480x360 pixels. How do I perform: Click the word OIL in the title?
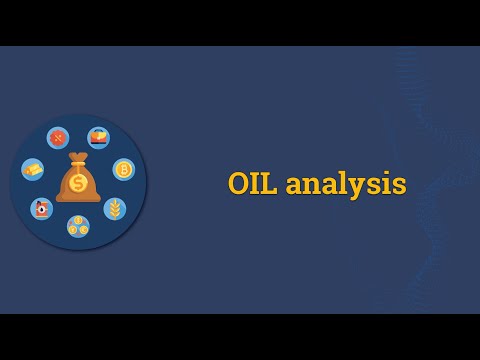coord(253,184)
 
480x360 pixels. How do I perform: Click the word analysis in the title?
coord(346,184)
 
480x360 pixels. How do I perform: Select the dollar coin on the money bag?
coord(78,183)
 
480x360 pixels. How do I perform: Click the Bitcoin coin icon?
coord(124,169)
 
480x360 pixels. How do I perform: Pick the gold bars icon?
coord(33,169)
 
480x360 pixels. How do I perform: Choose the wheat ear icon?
coord(115,208)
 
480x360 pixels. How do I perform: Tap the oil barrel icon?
coord(41,208)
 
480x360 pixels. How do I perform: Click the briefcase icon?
coord(98,137)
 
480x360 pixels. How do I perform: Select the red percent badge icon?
coord(58,137)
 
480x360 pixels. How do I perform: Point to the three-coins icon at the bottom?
coord(78,226)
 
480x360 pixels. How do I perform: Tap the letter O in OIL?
coord(239,184)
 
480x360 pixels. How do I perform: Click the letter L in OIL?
coord(270,184)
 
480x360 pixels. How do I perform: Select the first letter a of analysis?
coord(294,186)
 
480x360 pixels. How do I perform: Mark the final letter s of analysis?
coord(399,186)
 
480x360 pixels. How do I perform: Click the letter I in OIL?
coord(256,184)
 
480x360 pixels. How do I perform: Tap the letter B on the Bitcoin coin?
coord(124,169)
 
